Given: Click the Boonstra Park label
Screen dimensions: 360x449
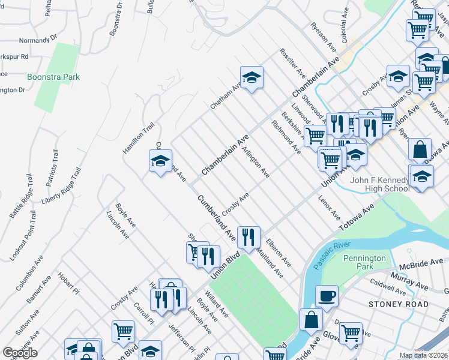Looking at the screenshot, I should click(x=53, y=77).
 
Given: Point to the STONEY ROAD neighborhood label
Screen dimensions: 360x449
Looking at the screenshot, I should click(x=399, y=304).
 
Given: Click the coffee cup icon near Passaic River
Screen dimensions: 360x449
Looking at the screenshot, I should click(x=327, y=295).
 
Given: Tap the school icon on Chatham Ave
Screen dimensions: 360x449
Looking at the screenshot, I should click(x=252, y=77).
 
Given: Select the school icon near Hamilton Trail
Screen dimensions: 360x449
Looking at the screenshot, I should click(x=160, y=161).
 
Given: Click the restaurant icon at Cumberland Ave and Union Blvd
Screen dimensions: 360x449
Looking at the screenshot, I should click(x=249, y=236).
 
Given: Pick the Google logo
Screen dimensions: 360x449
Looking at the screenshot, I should click(x=19, y=352).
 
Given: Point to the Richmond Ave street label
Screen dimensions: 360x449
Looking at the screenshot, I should click(x=286, y=137).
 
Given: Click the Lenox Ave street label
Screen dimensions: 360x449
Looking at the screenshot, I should click(x=330, y=207).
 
